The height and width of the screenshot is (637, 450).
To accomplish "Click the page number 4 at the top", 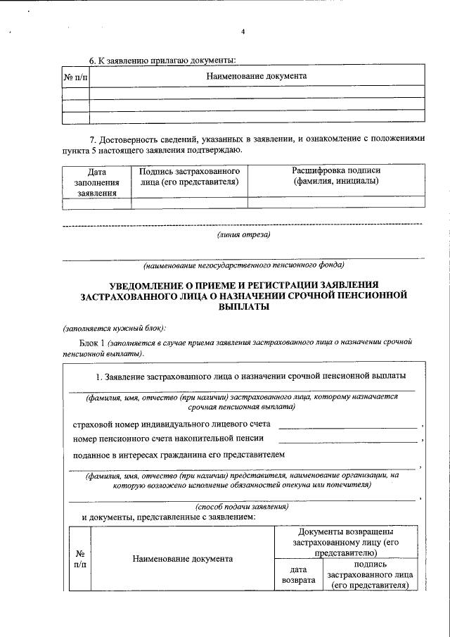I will (243, 32).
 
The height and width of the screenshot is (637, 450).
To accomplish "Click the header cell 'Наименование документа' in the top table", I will (256, 75).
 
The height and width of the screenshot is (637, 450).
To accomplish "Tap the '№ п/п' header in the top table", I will (75, 75).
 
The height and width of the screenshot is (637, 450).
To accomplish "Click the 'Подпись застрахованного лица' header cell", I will (189, 177).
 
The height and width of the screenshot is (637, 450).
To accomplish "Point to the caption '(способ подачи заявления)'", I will (241, 506).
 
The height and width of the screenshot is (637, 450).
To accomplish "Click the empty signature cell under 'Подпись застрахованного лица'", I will (189, 203).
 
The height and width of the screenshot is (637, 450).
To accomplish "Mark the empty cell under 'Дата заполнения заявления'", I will (96, 203).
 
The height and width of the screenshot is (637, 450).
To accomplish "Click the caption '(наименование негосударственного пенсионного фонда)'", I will (243, 266).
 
